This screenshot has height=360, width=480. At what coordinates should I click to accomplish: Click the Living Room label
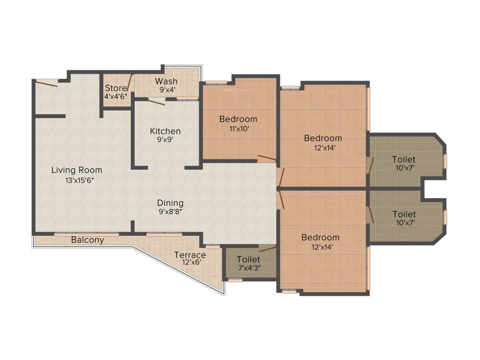tap(76, 170)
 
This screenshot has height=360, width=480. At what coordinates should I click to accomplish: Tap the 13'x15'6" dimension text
tap(79, 180)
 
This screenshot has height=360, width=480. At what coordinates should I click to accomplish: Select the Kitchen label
tap(165, 131)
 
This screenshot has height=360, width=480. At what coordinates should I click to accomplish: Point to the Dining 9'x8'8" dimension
tap(171, 211)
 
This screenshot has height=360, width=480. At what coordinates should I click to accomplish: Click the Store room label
tap(116, 88)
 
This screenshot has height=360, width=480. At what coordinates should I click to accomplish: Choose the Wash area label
tap(166, 81)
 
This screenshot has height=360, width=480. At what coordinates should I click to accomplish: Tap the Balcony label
tap(88, 240)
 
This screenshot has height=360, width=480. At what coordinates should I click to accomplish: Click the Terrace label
tap(190, 255)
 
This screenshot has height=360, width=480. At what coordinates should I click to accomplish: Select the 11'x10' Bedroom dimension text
tap(240, 128)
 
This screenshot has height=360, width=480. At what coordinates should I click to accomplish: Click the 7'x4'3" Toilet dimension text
tap(249, 268)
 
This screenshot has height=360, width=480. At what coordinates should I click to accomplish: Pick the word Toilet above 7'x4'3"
tap(248, 260)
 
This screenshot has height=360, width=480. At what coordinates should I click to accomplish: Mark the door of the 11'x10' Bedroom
tap(267, 158)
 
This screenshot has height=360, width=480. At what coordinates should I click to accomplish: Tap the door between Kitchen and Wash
tap(157, 102)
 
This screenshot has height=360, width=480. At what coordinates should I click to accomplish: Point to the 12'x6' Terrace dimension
tap(192, 262)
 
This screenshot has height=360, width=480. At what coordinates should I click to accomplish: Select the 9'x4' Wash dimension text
tap(167, 90)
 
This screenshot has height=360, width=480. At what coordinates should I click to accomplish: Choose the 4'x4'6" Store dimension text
tap(116, 96)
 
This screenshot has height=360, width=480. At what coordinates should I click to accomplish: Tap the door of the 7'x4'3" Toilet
tap(268, 249)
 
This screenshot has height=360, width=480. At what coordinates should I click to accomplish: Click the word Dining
tap(171, 203)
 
